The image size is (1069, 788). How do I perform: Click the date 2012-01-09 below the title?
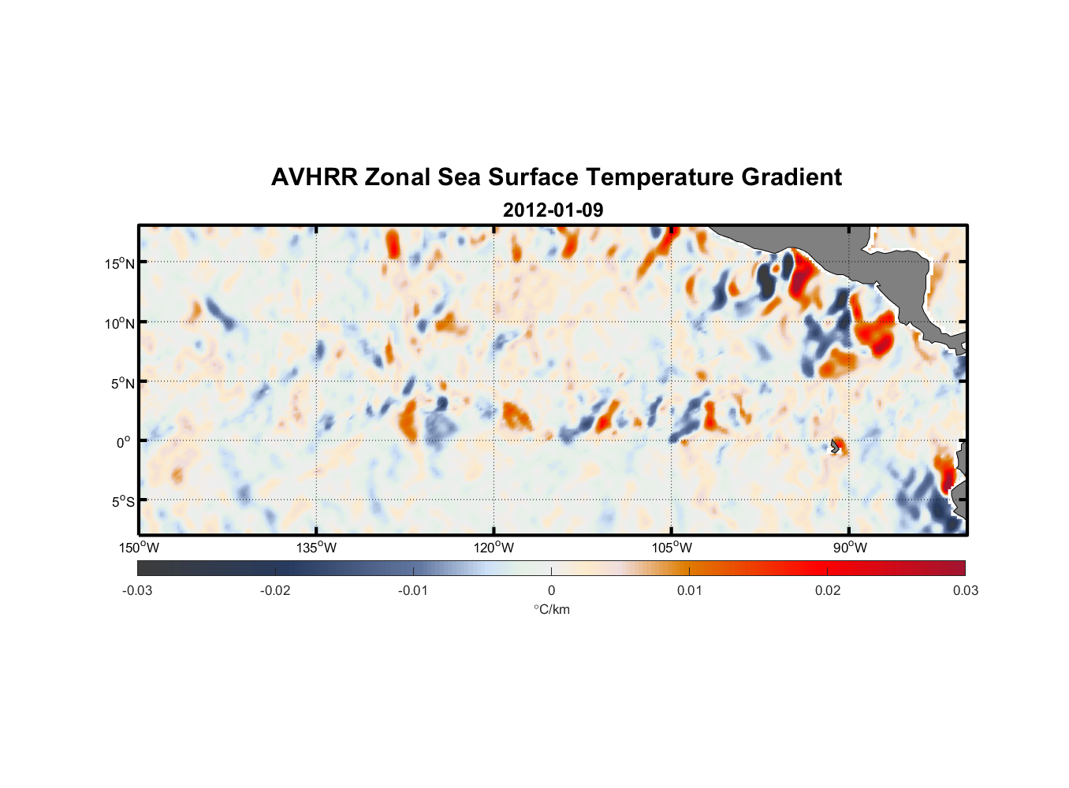point(553,210)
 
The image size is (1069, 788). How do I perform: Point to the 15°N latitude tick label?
point(119,263)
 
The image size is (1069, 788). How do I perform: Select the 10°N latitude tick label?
point(119,323)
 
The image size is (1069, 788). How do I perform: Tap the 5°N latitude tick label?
point(121,383)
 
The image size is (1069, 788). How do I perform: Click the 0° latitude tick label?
point(124,442)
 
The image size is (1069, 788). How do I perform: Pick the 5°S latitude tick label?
point(121,502)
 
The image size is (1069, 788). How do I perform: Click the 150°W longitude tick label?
point(139,548)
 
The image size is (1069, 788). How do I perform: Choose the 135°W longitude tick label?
point(316,548)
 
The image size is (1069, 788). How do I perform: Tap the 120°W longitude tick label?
point(494,548)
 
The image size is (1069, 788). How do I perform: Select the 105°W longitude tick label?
point(672,548)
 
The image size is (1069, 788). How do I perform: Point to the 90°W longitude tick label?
point(850,548)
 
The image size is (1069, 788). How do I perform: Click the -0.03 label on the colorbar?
point(137,591)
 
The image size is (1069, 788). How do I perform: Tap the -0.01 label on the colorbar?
point(413,591)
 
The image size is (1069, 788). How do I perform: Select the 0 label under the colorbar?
point(551,591)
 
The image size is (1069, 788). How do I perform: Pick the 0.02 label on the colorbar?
point(828,591)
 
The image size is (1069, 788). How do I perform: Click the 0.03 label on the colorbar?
point(965,591)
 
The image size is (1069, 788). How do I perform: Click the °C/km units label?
point(552,609)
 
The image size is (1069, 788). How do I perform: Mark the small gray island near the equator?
point(834,446)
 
